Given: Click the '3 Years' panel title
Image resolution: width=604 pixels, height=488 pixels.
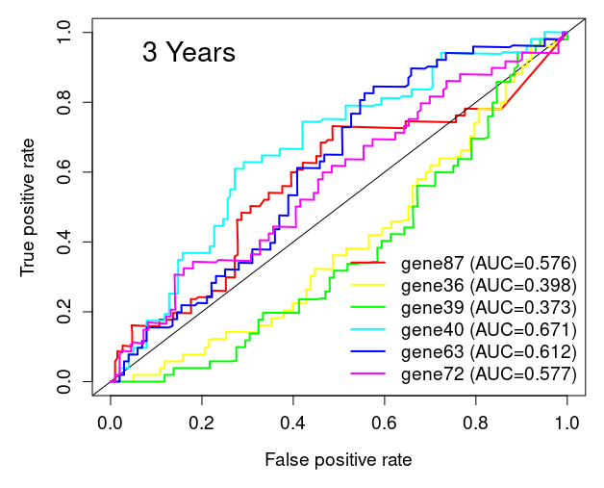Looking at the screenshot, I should pos(189,53).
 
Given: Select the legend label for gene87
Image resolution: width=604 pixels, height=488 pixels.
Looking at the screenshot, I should pos(488,263).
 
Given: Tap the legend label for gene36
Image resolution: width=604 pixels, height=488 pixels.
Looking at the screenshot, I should pos(488,285).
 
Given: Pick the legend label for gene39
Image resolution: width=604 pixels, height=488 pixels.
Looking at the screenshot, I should pos(488,307).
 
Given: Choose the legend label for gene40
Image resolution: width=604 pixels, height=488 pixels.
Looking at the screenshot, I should pos(488,329).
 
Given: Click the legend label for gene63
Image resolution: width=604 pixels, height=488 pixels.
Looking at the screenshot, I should pos(488,351).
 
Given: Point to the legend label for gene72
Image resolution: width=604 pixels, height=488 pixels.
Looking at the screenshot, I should pos(488,372).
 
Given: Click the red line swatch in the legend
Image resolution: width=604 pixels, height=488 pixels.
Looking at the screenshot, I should pos(367,263).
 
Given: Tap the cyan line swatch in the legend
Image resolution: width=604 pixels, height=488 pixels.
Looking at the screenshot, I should pos(367,329).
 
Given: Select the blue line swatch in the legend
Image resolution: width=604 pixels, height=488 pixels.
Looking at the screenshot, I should pos(367,351).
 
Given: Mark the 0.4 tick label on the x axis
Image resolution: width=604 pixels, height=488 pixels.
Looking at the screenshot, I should pos(293,423).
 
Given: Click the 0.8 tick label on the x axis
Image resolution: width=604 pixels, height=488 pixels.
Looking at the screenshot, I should pos(476,423).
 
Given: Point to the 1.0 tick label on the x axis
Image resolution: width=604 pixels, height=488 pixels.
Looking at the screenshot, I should pos(567,423).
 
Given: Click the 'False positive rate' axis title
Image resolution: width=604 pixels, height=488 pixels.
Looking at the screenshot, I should pos(339,460).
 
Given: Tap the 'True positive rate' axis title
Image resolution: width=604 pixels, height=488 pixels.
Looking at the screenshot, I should pos(28,207).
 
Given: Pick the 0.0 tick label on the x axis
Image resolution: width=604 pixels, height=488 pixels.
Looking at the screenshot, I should pos(111,423).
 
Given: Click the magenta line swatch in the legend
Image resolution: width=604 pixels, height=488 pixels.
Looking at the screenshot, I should pos(367,372).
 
